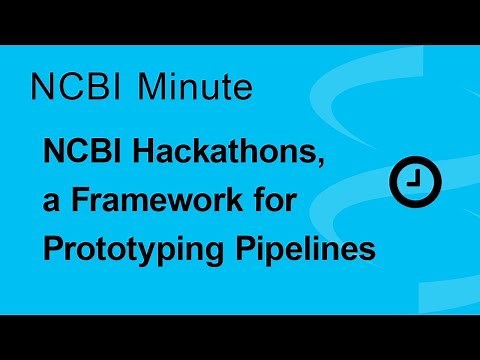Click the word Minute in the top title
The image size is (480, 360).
193,87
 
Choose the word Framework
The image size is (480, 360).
149,200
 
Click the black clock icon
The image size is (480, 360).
412,181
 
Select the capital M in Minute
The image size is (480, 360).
150,87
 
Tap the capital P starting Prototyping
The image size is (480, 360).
53,247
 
